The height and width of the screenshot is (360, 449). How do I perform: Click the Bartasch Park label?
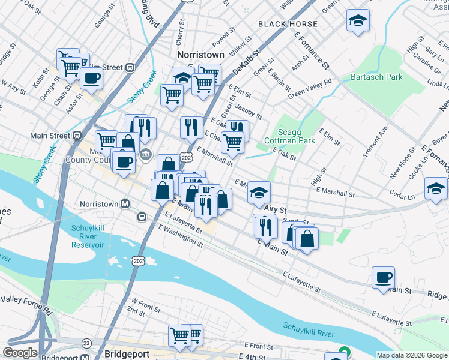click(x=376, y=77)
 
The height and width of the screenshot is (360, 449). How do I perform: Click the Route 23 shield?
click(x=87, y=343)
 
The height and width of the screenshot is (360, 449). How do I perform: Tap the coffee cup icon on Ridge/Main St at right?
click(x=383, y=277)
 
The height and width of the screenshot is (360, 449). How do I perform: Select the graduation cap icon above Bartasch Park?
click(x=358, y=21)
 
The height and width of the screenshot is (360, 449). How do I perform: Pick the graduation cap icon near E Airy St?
click(x=259, y=193)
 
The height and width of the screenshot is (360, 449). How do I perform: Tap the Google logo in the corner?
click(x=20, y=353)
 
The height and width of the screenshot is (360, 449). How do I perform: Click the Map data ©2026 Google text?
click(x=411, y=355)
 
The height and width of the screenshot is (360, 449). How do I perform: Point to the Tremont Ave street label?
click(x=375, y=142)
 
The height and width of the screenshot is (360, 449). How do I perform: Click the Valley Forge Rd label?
click(x=27, y=304)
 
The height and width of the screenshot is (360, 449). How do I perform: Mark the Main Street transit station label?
click(x=50, y=136)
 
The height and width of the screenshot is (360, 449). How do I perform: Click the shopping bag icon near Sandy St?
click(x=307, y=238)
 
